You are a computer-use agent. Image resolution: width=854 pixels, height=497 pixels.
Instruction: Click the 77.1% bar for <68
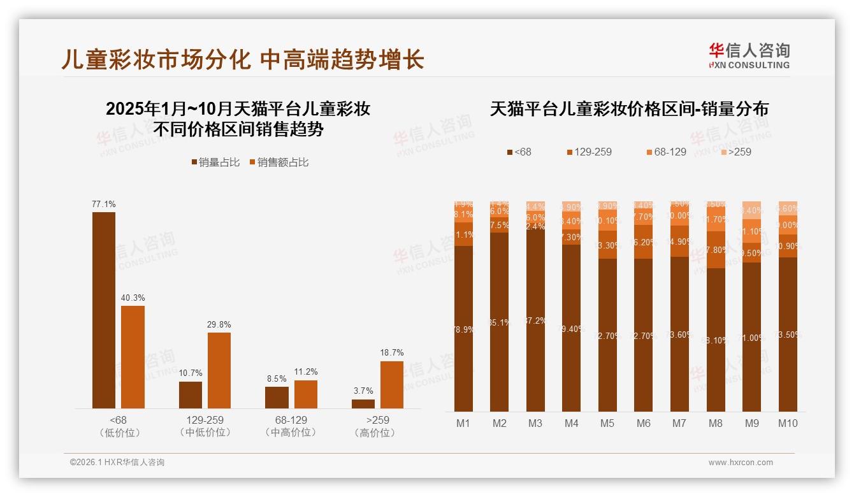coord(104,310)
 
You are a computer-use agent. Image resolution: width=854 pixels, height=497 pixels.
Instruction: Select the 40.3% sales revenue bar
coord(133,357)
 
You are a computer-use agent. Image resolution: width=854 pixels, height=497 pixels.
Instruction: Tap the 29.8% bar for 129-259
coord(219,370)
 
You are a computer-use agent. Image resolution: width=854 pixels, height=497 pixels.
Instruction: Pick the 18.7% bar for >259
coord(392,385)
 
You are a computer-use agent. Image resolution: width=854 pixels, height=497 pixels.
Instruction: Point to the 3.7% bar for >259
coord(363,404)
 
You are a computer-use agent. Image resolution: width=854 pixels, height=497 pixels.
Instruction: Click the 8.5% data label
coord(277,378)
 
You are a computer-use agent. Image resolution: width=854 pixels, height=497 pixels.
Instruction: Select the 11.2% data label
coord(306,372)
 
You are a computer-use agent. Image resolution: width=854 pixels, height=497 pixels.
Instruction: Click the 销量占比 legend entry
coord(215,162)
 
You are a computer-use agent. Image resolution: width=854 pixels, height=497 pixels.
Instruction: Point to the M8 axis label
coord(716,423)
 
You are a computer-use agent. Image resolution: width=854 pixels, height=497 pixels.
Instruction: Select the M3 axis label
coord(535,423)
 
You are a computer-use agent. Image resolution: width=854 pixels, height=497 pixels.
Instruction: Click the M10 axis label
coord(788,423)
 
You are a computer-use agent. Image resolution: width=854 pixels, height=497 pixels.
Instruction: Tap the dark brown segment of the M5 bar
coord(607,335)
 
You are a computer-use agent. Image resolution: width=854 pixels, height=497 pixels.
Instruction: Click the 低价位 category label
coord(119,433)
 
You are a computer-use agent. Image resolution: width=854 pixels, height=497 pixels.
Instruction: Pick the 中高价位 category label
coord(291,433)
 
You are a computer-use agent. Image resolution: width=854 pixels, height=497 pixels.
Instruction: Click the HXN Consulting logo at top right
coord(749,56)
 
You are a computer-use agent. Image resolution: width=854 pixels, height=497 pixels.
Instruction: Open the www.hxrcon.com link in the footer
coord(741,463)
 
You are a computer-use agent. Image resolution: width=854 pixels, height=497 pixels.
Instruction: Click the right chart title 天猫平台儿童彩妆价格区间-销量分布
coord(629,109)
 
